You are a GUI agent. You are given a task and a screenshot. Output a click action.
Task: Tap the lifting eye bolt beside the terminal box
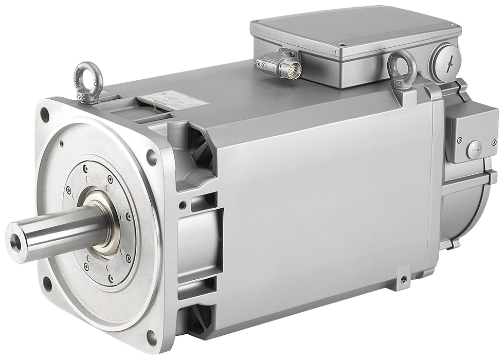pos(399,64)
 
